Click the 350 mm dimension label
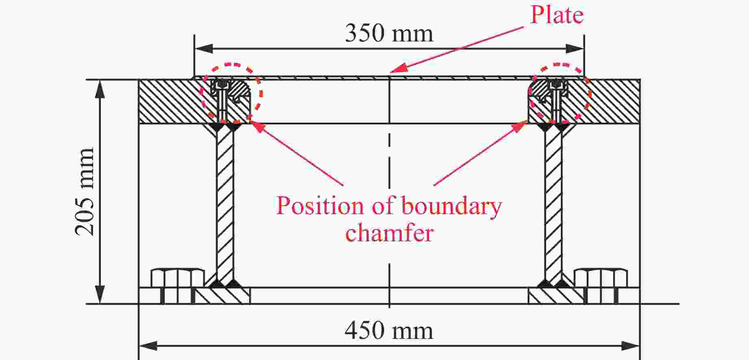(x=389, y=33)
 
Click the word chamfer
(x=389, y=233)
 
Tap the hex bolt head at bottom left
(x=178, y=278)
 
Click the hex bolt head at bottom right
(x=601, y=278)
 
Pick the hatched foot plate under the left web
(x=223, y=295)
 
